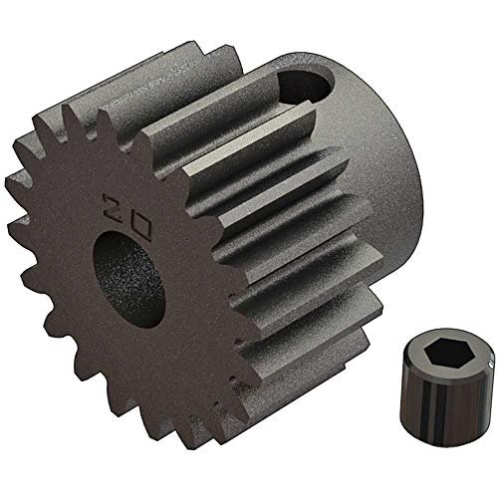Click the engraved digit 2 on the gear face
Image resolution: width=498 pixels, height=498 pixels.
click(113, 206)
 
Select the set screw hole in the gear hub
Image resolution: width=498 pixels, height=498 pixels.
click(305, 87)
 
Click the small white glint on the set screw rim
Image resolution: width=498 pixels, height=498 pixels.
click(491, 366)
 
